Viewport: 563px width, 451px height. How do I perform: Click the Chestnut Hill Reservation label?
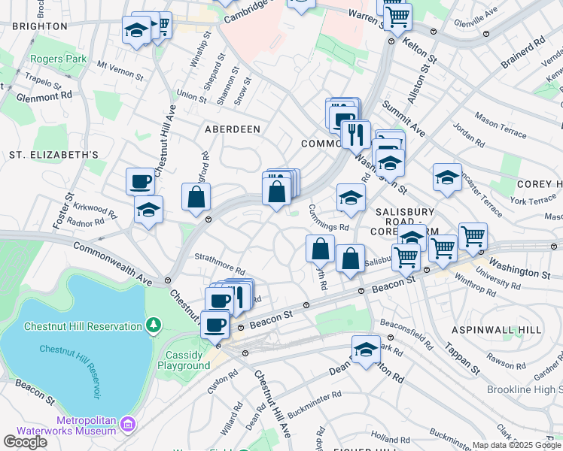pos(83,325)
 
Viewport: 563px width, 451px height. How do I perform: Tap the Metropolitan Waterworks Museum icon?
pos(128,425)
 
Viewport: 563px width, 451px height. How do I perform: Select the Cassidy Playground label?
pos(184,360)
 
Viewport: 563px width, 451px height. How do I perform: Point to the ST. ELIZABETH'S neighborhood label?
pos(54,155)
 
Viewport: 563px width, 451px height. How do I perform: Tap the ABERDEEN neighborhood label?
pos(233,129)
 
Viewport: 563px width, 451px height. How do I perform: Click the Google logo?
pos(25,442)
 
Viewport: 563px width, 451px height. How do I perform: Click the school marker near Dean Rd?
pos(367,350)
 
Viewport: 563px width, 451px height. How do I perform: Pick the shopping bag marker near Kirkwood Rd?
pos(196,198)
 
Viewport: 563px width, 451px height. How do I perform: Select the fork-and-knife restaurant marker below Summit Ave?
pos(355,135)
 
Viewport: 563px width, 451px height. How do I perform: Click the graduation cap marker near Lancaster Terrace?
pos(447,178)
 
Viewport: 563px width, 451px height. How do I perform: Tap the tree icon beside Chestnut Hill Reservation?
pos(154,325)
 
